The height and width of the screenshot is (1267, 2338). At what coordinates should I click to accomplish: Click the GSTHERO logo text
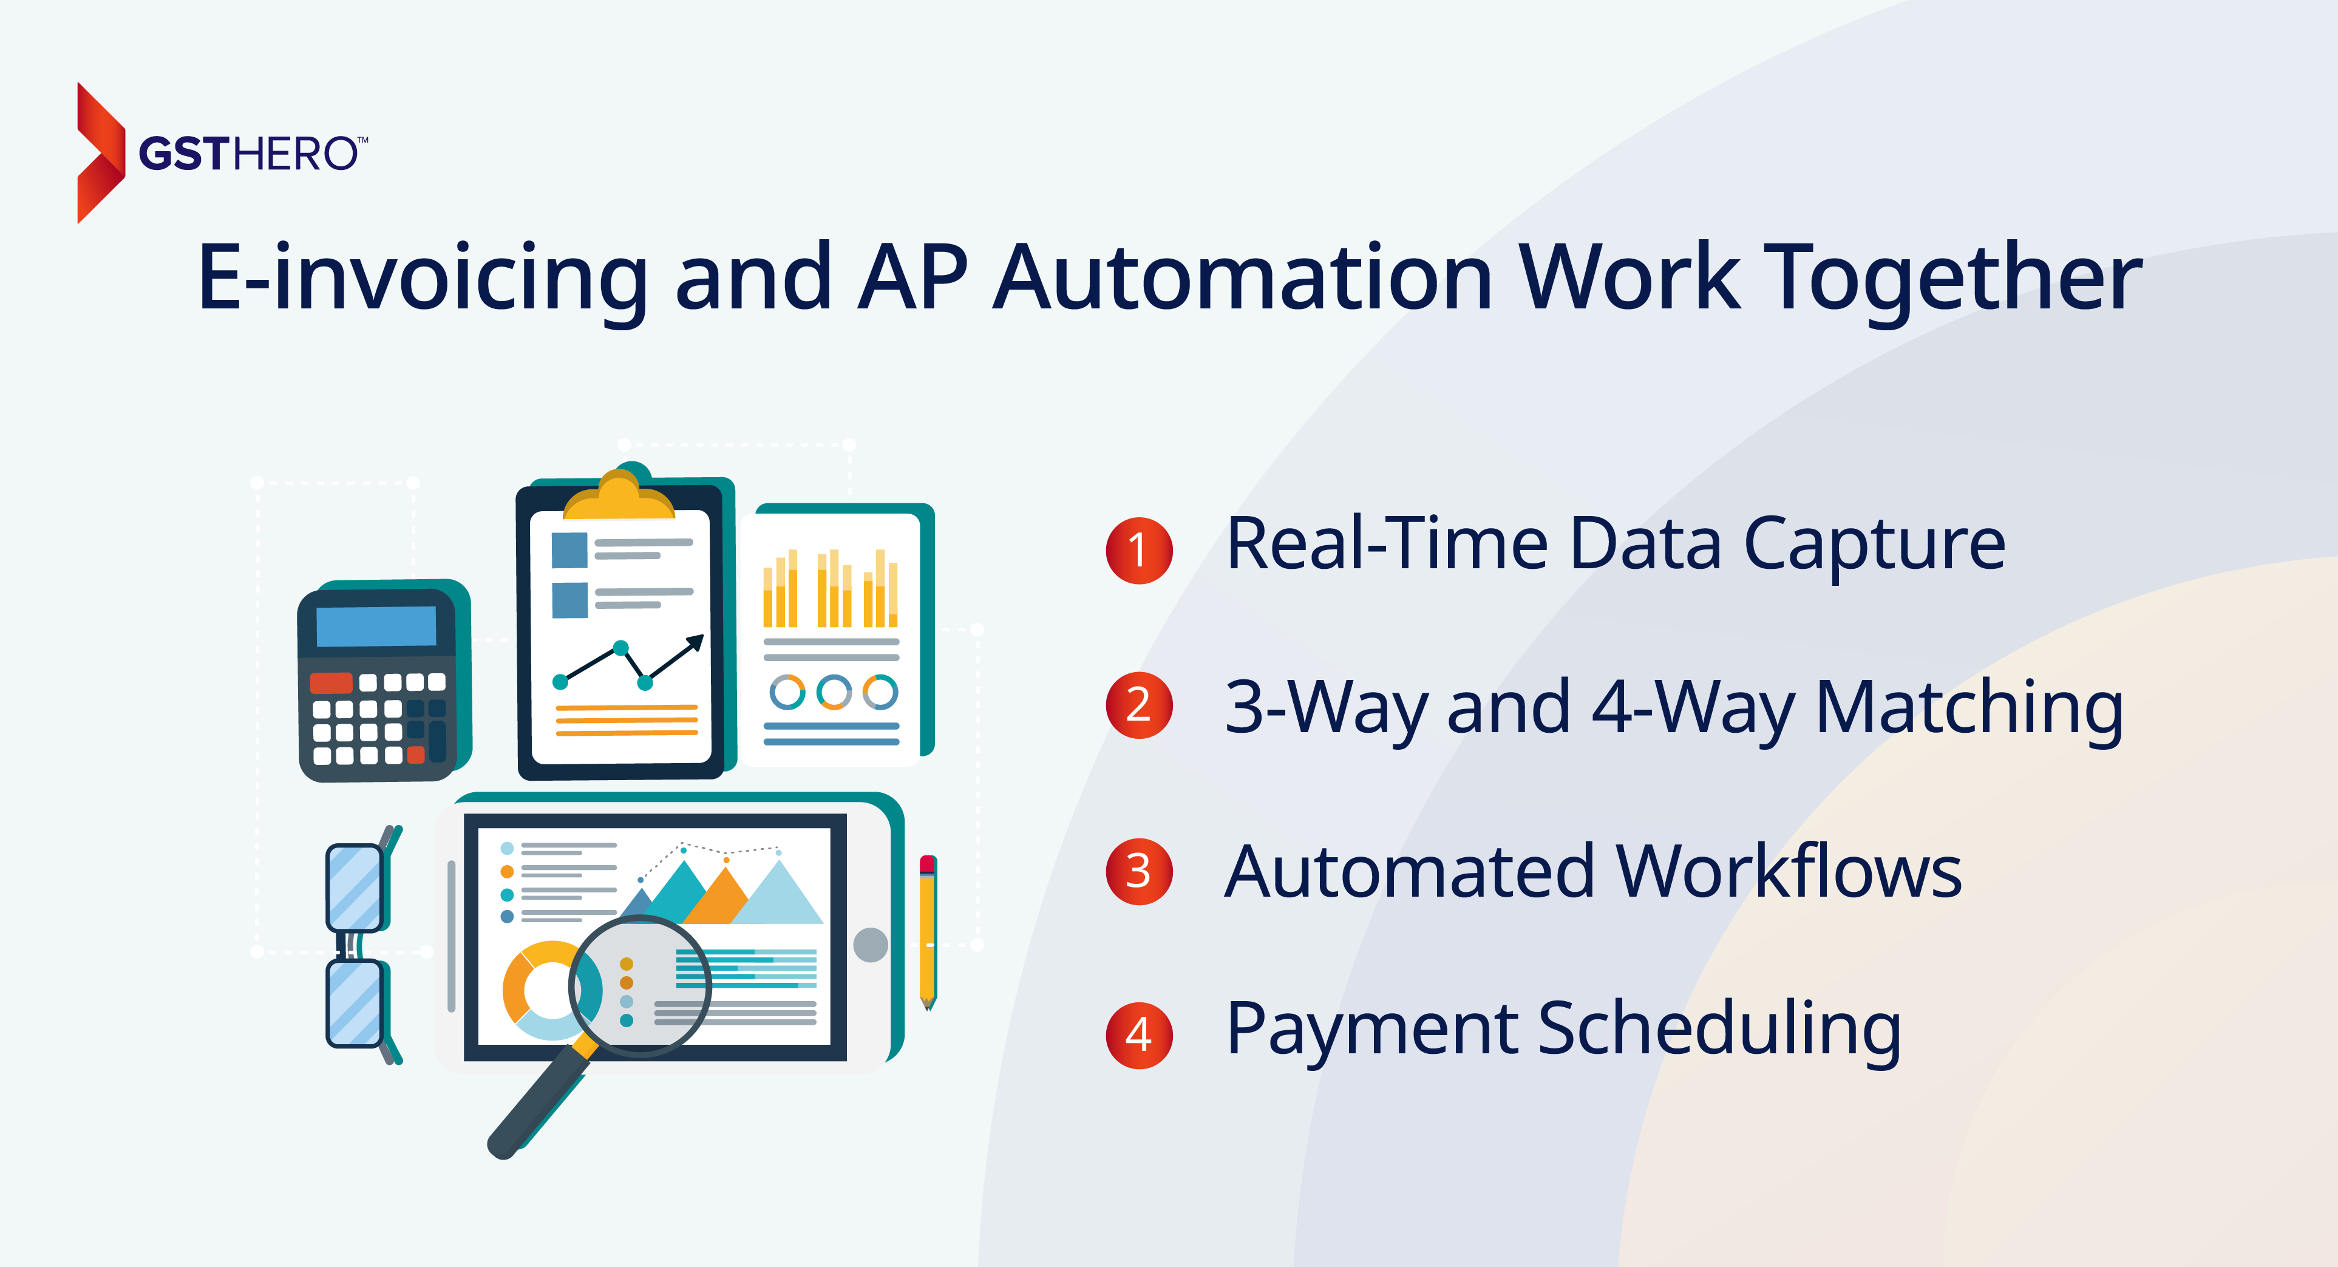[x=253, y=154]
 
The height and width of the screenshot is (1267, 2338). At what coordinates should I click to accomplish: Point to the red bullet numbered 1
[x=1139, y=550]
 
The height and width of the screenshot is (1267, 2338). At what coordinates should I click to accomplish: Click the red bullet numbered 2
[x=1139, y=705]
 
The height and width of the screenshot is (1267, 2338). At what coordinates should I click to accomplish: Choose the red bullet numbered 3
[x=1139, y=871]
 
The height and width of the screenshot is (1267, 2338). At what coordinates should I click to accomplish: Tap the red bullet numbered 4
[x=1139, y=1034]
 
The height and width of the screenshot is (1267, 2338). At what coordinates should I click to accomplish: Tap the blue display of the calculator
[x=376, y=627]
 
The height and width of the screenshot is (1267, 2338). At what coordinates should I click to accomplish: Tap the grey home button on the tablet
[x=871, y=945]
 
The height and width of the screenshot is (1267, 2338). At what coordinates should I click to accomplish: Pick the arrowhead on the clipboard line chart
[x=695, y=642]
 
